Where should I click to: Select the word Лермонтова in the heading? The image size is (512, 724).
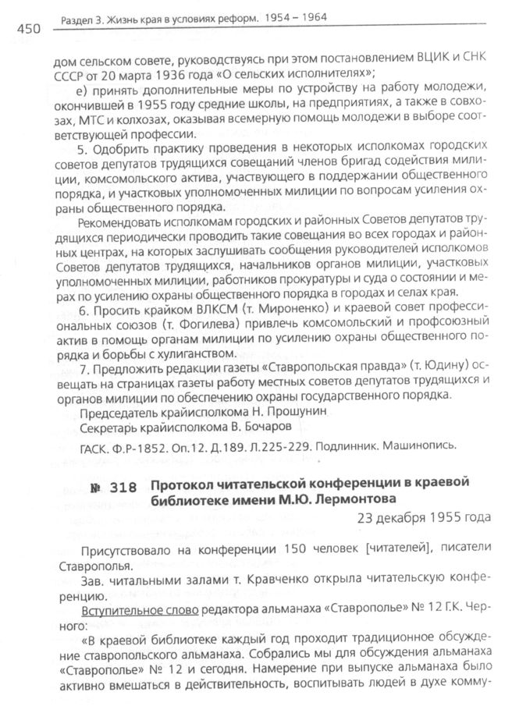[357, 499]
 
